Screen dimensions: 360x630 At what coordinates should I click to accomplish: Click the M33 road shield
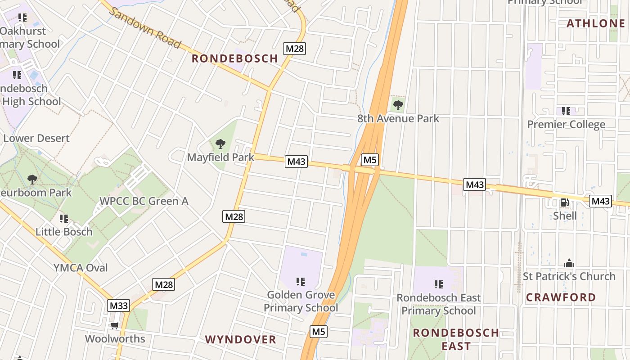(x=119, y=306)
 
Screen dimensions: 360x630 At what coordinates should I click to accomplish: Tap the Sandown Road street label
(x=145, y=28)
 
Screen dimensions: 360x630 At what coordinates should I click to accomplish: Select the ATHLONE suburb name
(x=596, y=23)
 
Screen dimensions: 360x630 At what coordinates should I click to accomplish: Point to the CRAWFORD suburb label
(x=561, y=297)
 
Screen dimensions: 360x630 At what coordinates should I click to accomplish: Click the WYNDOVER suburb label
(x=241, y=339)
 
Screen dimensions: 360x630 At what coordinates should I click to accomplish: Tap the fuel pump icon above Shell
(x=564, y=202)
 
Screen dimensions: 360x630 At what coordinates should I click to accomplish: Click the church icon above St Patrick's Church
(x=569, y=263)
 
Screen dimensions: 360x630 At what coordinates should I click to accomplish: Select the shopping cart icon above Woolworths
(x=115, y=325)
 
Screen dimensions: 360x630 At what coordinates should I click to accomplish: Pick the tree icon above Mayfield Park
(x=220, y=144)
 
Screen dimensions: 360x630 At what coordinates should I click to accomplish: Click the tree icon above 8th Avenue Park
(x=398, y=105)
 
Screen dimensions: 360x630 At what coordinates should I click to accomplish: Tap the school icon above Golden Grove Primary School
(x=301, y=282)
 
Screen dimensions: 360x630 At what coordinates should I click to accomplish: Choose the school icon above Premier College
(x=566, y=111)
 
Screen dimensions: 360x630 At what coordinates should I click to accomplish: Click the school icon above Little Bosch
(x=64, y=219)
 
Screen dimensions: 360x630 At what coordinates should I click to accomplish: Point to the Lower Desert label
(x=36, y=138)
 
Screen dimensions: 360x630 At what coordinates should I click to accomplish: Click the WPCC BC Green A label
(x=144, y=201)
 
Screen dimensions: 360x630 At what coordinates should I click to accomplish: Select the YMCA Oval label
(x=81, y=268)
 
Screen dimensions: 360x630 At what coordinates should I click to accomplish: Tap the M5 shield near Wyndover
(x=319, y=332)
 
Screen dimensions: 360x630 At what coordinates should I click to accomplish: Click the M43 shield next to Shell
(x=600, y=201)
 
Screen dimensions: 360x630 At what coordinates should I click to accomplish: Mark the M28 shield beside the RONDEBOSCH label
(x=294, y=49)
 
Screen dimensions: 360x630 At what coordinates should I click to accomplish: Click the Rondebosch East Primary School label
(x=438, y=304)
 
